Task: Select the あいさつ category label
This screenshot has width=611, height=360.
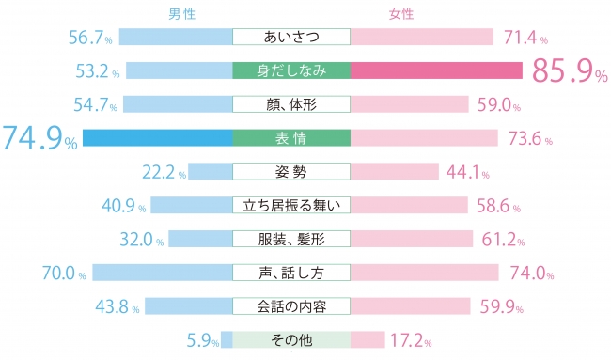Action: [291, 37]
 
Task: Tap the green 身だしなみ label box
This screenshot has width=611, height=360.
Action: [291, 70]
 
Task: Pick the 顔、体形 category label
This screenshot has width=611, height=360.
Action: [291, 103]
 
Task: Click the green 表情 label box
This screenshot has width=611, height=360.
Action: [291, 137]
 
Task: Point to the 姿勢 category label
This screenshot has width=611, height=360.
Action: [291, 171]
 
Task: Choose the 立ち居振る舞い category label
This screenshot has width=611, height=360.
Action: [291, 205]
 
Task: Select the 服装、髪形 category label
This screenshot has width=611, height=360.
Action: [291, 239]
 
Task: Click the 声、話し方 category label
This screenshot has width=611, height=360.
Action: [291, 273]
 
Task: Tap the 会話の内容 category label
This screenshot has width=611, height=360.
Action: [291, 306]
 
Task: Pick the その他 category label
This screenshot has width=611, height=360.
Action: [291, 339]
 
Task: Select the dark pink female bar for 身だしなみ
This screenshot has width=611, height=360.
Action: [436, 70]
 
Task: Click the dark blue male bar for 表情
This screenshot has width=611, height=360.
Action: [157, 137]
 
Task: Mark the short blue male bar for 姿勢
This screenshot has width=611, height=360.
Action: [211, 171]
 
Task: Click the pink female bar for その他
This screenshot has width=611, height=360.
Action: [367, 339]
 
